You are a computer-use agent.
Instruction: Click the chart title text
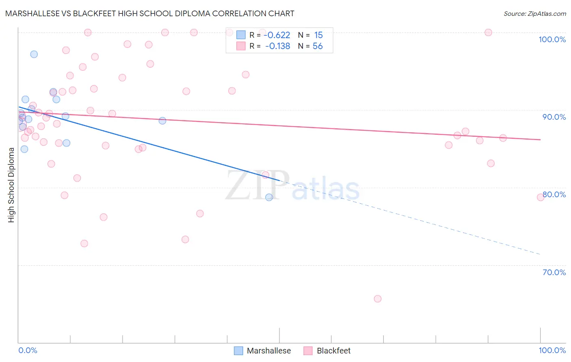[x=150, y=13]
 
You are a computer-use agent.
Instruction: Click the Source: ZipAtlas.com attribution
[x=534, y=13]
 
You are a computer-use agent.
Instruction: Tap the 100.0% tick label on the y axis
[x=552, y=39]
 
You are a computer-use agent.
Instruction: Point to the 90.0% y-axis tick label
[x=554, y=117]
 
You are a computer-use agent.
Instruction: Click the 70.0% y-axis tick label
[x=554, y=272]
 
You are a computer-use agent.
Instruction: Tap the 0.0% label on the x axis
[x=28, y=350]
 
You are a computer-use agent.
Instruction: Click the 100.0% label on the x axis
[x=552, y=350]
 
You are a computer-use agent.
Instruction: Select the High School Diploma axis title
[x=11, y=185]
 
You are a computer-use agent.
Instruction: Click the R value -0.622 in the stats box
[x=277, y=35]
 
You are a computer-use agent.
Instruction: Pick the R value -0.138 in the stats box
[x=277, y=46]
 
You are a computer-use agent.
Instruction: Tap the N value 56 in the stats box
[x=318, y=46]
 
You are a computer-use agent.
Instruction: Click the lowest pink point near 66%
[x=378, y=299]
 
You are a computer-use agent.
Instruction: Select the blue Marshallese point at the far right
[x=269, y=197]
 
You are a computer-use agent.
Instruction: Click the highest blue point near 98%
[x=34, y=54]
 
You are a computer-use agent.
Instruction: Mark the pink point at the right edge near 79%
[x=541, y=197]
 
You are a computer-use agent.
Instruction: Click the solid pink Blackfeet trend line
[x=284, y=126]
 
